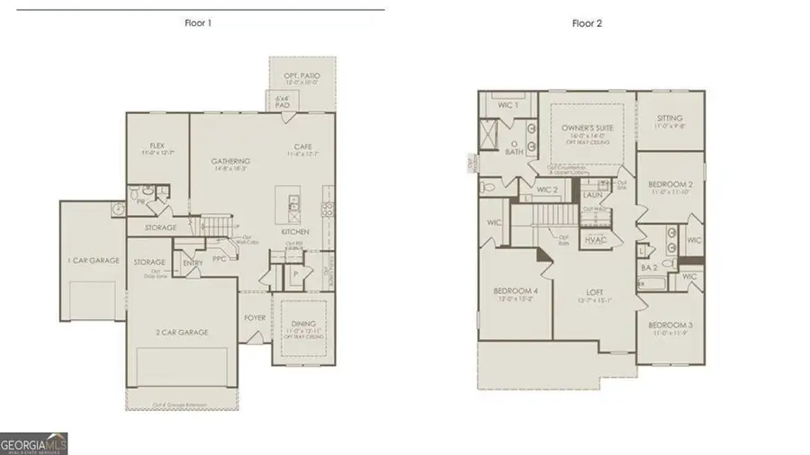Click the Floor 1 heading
[x=198, y=23]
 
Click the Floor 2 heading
[x=587, y=23]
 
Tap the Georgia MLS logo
[x=34, y=443]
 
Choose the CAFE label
[x=302, y=147]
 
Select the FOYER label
[x=256, y=317]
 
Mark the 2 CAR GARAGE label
[x=183, y=332]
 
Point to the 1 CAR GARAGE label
[x=94, y=260]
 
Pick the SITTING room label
[x=670, y=118]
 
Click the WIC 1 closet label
[x=509, y=105]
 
